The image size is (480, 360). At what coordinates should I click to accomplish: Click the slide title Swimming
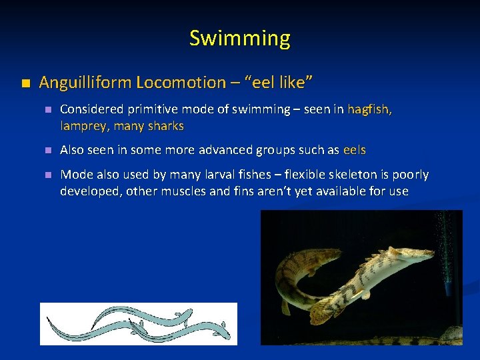click(240, 38)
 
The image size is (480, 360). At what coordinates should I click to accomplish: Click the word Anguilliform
click(85, 83)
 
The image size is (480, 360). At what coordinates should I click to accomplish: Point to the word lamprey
click(82, 125)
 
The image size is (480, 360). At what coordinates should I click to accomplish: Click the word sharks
click(166, 125)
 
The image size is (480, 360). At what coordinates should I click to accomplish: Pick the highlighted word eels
click(354, 150)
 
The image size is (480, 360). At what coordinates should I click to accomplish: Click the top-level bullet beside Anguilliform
click(25, 83)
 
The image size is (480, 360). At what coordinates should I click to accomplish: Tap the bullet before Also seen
click(47, 151)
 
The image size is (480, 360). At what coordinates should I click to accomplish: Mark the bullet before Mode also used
click(47, 175)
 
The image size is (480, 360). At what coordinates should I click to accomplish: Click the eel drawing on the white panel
click(138, 323)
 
